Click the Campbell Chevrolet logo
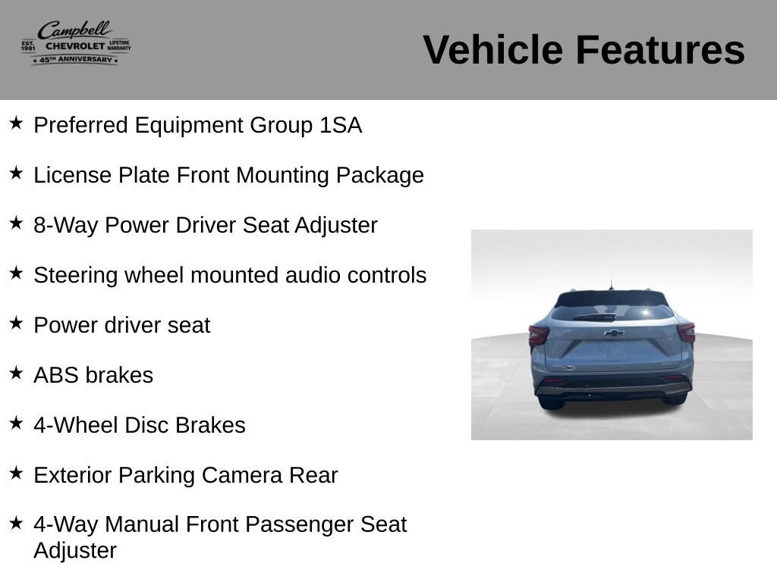click(x=76, y=43)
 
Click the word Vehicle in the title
click(x=492, y=49)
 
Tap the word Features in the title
click(x=660, y=49)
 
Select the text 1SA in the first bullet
click(x=341, y=125)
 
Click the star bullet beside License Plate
click(x=17, y=174)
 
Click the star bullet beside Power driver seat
click(x=17, y=323)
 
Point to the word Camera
click(x=242, y=475)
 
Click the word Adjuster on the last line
click(x=75, y=550)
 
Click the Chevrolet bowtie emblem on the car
click(x=613, y=333)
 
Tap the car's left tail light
click(x=538, y=335)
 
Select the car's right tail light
click(x=686, y=333)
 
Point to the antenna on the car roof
click(x=611, y=285)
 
